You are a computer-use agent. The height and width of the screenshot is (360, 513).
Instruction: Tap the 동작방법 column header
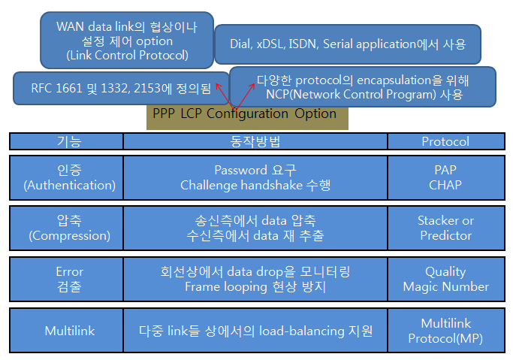[x=255, y=141]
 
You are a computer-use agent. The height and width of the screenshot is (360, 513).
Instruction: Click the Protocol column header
[x=445, y=141]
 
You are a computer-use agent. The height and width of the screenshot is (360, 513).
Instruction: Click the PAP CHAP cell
[x=445, y=177]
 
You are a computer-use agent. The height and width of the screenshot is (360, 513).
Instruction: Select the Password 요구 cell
[x=255, y=177]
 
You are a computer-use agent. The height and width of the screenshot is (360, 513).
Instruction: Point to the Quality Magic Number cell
[x=445, y=278]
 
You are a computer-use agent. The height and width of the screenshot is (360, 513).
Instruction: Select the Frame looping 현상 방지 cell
[x=255, y=278]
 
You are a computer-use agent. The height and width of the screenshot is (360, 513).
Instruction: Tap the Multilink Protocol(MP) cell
[x=445, y=330]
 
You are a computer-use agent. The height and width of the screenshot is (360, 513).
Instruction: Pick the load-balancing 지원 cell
[x=255, y=330]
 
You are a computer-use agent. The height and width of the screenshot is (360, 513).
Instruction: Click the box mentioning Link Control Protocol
[x=126, y=41]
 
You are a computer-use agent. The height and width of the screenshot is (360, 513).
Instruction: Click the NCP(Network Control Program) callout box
[x=363, y=87]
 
